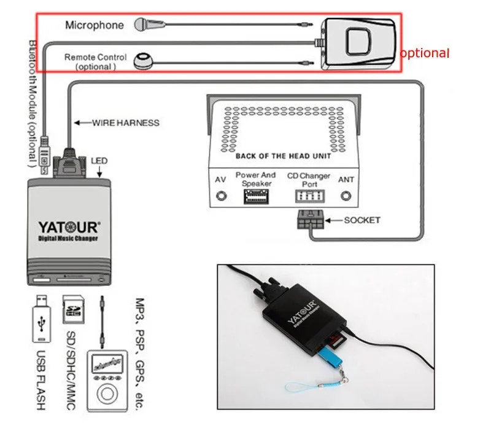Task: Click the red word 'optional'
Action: (x=425, y=53)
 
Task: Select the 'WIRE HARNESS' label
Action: (x=125, y=122)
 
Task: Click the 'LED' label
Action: (x=99, y=161)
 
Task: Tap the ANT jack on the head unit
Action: (x=346, y=197)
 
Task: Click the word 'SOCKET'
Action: (x=361, y=220)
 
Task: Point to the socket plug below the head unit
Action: (x=309, y=220)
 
